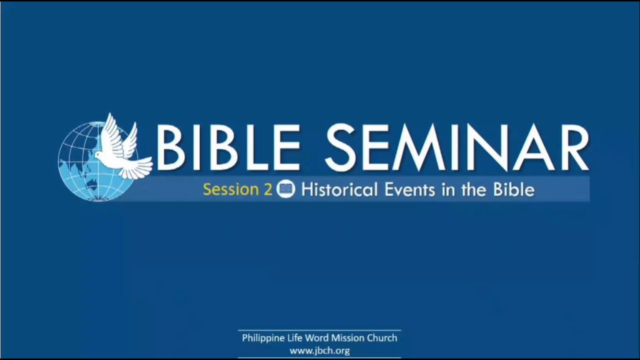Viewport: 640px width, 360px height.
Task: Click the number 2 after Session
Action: tap(268, 190)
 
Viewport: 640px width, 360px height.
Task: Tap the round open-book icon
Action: tap(286, 189)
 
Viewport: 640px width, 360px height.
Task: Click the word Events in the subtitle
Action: tap(405, 189)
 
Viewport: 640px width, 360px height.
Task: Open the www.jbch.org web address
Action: tap(319, 350)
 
